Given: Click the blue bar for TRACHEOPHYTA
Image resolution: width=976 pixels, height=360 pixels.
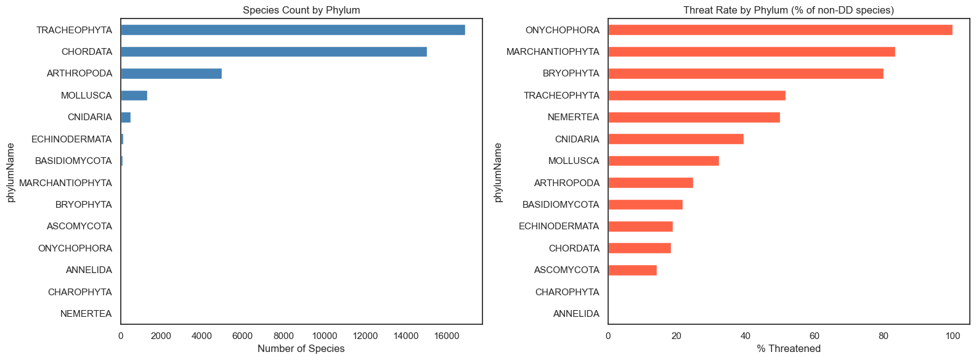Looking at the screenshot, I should point(293,30).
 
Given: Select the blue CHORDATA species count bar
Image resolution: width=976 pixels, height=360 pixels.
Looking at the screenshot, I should point(274,52).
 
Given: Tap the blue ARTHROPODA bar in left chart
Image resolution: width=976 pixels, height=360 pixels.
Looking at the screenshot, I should point(171,74).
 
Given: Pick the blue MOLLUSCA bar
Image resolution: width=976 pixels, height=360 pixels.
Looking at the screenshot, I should point(134,96).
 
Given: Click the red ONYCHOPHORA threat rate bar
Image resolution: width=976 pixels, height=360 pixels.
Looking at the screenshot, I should point(780,30).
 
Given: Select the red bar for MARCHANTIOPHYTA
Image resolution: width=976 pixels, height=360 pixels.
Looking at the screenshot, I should point(751,52).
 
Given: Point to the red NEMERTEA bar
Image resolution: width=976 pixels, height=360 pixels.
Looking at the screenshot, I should point(694,117).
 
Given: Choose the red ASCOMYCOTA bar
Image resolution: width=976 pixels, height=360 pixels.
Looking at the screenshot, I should point(632,270).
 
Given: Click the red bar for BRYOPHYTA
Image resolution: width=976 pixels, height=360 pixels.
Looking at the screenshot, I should point(746,74).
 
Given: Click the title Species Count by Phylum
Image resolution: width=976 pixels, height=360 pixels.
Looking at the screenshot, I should point(301,10).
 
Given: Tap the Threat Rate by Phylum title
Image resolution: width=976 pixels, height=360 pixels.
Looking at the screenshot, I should point(789,10).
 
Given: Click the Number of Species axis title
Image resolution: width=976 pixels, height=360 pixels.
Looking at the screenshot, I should point(301,349).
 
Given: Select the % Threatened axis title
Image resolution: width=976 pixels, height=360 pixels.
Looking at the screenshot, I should point(789,349).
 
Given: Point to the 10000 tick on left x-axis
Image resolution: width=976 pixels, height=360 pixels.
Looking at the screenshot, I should point(324,336).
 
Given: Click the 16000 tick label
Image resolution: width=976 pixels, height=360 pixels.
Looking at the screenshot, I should point(446,336).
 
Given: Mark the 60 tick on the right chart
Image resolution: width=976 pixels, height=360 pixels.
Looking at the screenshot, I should point(815,336).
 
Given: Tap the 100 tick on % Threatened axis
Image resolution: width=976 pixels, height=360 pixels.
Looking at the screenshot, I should point(952,336).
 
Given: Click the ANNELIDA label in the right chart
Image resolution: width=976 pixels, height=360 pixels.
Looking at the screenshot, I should point(576,314).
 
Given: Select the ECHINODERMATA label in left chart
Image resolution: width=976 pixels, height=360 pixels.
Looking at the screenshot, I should point(71,139).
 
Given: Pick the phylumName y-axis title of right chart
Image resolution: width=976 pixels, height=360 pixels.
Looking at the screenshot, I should point(498,172).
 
